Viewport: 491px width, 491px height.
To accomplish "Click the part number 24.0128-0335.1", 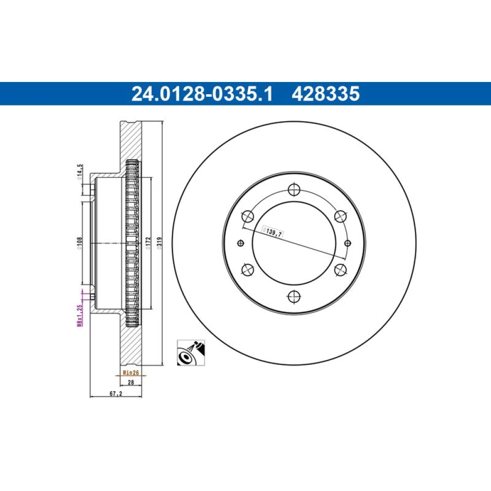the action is pyautogui.click(x=202, y=94).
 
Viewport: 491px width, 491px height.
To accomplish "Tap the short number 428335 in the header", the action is pyautogui.click(x=326, y=94).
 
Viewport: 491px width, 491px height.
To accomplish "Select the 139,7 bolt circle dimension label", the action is pyautogui.click(x=273, y=232).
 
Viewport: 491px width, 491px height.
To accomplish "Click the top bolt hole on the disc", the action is pyautogui.click(x=294, y=190).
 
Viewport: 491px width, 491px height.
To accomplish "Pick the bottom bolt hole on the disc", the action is pyautogui.click(x=294, y=296).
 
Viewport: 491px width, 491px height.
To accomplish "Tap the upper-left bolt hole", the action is pyautogui.click(x=247, y=217).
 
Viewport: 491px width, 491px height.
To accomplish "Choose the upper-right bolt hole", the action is pyautogui.click(x=340, y=217).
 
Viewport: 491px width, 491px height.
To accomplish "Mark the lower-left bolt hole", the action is pyautogui.click(x=247, y=269).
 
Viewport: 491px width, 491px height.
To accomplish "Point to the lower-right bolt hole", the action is pyautogui.click(x=340, y=269).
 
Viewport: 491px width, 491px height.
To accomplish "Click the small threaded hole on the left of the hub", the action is pyautogui.click(x=241, y=243).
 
